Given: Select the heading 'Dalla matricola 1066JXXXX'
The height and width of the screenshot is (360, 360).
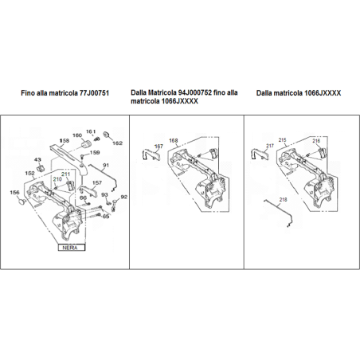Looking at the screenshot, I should coord(298,93).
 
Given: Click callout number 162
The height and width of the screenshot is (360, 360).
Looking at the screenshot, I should coord(117,143).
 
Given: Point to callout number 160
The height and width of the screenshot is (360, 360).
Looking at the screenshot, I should coord(76,135).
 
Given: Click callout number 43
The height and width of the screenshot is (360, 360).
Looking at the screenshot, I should coord(37,159).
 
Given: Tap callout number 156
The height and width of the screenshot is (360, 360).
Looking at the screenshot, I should coord(14,193).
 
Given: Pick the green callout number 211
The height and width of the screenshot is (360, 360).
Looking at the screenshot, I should coord(65,174).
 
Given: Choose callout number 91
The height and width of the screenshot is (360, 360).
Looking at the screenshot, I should coord(105,166).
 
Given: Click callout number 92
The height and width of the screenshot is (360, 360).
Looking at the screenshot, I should coord(123,195).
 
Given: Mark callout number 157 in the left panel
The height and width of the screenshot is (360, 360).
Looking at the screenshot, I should coord(96,182).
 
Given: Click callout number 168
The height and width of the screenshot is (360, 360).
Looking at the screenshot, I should coord(174,141).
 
